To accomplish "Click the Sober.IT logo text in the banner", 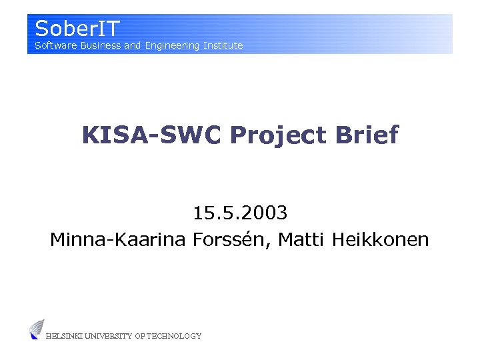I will pos(77,29).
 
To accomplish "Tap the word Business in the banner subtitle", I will pos(100,45).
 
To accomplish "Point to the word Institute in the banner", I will pos(223,45).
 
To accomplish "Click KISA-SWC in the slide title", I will pos(152,135).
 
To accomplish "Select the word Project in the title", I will pos(278,135).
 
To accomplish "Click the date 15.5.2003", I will pos(240,213).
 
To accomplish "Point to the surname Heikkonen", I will pos(381,239).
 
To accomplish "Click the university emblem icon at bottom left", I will pos(37,329).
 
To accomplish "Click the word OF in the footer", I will pos(139,336).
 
